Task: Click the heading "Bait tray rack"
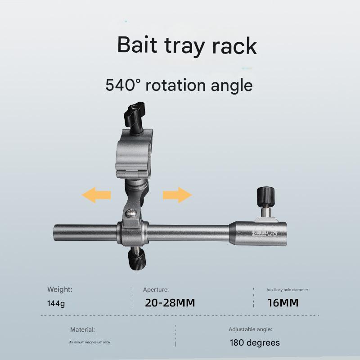(x=187, y=46)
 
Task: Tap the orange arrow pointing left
(x=96, y=195)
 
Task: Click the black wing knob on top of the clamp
(x=135, y=115)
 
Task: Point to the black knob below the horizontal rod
(x=137, y=259)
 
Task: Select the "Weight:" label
(x=60, y=289)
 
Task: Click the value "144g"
(x=56, y=303)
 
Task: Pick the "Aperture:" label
(x=156, y=290)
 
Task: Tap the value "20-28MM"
(x=170, y=303)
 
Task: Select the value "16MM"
(x=283, y=303)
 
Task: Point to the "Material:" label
(x=82, y=330)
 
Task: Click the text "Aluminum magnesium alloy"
(x=90, y=342)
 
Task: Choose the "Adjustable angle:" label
(x=250, y=330)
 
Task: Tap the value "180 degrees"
(x=255, y=343)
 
